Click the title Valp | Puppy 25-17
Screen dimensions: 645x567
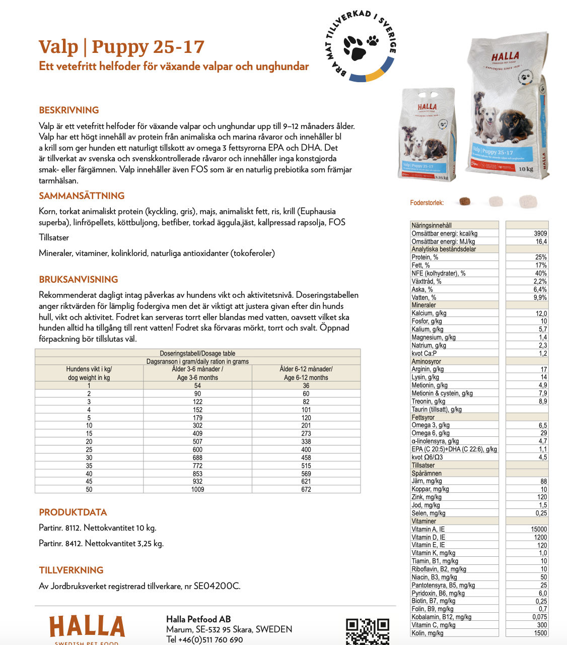click(121, 47)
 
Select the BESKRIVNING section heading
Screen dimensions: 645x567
click(69, 110)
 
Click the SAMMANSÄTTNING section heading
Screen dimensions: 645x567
click(82, 196)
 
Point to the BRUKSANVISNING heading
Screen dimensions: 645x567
click(79, 280)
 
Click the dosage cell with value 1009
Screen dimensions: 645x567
click(197, 489)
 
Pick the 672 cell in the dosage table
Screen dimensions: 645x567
click(306, 489)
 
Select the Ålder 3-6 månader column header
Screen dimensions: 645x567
click(197, 373)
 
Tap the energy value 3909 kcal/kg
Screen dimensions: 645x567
click(540, 233)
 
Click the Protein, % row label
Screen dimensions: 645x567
click(425, 257)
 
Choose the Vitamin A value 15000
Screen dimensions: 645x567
click(538, 529)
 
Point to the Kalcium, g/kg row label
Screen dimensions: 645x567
click(429, 313)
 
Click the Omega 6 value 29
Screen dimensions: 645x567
click(543, 433)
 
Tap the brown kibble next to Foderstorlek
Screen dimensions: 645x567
click(464, 202)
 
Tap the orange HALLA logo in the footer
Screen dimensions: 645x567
click(87, 626)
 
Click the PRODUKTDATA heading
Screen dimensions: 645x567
click(73, 512)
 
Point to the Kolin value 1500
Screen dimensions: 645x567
click(540, 633)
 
